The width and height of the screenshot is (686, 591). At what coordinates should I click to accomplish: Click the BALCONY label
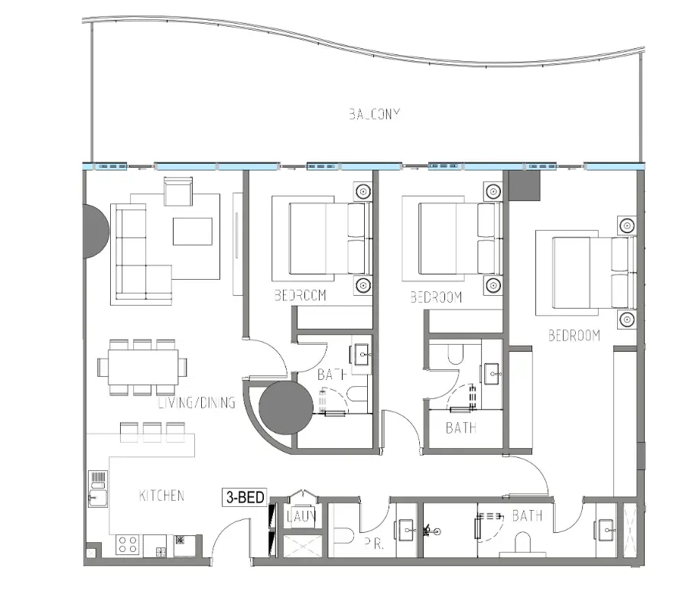(x=375, y=115)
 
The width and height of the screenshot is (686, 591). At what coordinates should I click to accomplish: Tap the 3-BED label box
(x=244, y=497)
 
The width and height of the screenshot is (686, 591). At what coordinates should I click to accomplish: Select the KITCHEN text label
(x=161, y=495)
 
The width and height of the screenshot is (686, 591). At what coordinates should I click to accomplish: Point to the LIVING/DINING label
(x=197, y=403)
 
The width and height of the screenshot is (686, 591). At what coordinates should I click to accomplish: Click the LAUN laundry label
(x=296, y=516)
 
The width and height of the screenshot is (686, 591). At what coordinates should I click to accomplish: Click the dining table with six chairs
(x=143, y=367)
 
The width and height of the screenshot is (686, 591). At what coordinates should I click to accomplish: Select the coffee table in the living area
(x=192, y=231)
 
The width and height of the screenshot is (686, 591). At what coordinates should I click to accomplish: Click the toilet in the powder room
(x=343, y=534)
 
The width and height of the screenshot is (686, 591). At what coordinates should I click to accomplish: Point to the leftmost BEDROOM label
(x=300, y=296)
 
